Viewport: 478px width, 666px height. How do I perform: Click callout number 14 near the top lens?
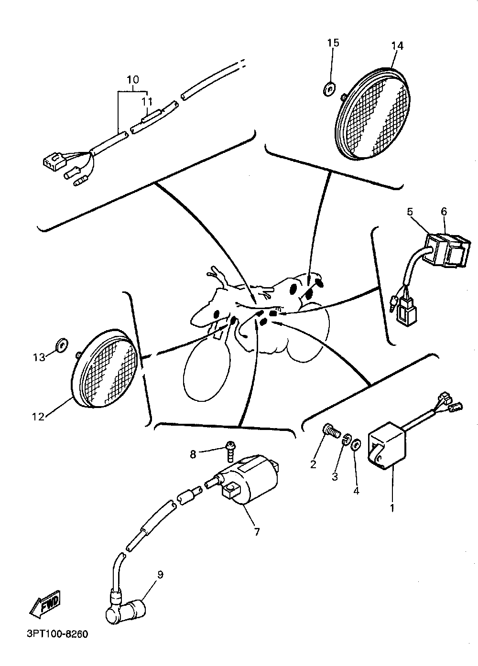coord(397,46)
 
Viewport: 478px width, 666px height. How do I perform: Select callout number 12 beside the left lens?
coord(38,416)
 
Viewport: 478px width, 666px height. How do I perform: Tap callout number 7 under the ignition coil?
coord(257,531)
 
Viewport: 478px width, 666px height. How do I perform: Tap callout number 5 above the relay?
coord(410,211)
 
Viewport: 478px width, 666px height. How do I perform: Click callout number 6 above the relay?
coord(444,211)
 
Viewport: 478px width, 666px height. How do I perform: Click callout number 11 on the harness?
coord(146,101)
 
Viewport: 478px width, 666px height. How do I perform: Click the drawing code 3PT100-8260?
coord(55,635)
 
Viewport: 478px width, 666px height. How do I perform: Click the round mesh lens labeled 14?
coord(375,112)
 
